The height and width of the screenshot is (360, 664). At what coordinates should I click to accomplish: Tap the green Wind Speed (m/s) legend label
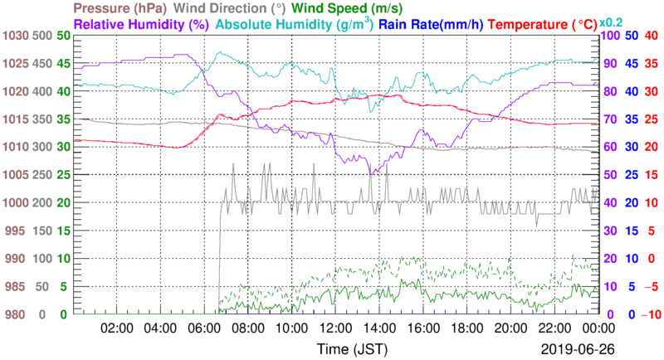tap(247, 8)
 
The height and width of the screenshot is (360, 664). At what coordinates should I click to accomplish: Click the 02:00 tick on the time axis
tap(116, 328)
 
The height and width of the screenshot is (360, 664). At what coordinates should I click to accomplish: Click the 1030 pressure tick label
tap(15, 36)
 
